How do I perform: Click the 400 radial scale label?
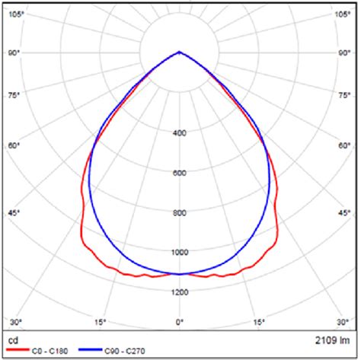point(180,133)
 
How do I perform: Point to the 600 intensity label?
point(180,173)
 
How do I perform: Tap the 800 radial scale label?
point(180,212)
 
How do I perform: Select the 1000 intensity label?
point(180,252)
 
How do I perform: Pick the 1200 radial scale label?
point(180,292)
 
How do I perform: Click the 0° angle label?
point(180,322)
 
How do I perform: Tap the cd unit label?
point(12,338)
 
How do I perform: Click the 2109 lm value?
point(332,338)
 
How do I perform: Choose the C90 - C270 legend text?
point(129,351)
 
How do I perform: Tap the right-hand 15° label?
point(260,322)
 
